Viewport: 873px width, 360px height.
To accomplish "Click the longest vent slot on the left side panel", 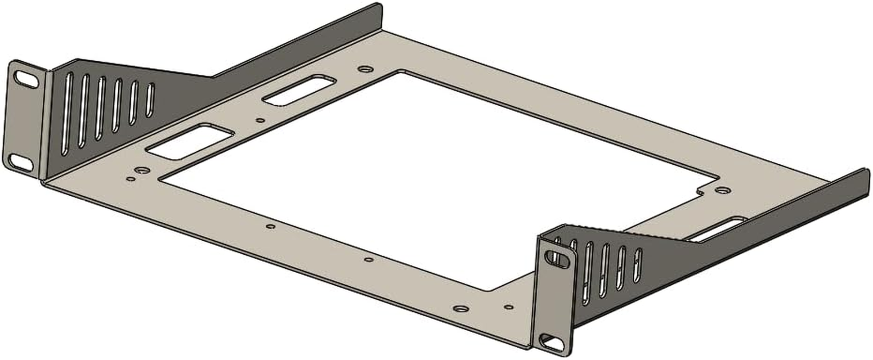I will point(67,114).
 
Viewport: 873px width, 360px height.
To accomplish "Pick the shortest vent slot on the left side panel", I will point(150,100).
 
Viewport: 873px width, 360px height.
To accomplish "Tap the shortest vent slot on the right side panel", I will point(637,265).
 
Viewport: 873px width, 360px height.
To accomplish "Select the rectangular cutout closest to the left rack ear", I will point(191,141).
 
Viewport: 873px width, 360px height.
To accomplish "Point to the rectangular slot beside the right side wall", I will point(719,229).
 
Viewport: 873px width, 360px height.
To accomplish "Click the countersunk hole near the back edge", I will point(366,69).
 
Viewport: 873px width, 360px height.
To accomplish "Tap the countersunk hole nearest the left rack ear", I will point(142,171).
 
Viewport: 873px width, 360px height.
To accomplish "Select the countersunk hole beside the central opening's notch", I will point(722,190).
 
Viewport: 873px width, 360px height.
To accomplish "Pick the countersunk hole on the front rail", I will point(461,309).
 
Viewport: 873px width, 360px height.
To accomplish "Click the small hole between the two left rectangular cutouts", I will point(260,120).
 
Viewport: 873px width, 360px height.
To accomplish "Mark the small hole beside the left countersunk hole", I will point(130,179).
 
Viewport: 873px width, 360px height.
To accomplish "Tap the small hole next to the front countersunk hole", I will point(508,307).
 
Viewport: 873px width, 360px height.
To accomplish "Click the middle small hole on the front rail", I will point(369,260).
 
